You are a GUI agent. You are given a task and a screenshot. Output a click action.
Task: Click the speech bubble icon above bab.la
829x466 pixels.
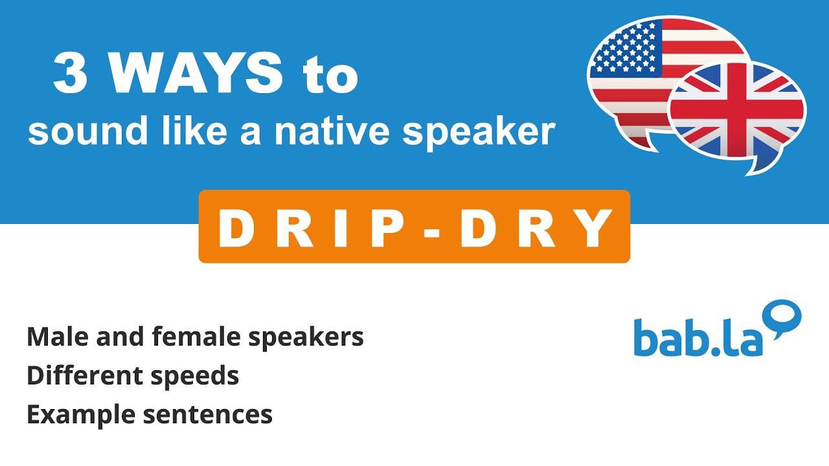784,317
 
